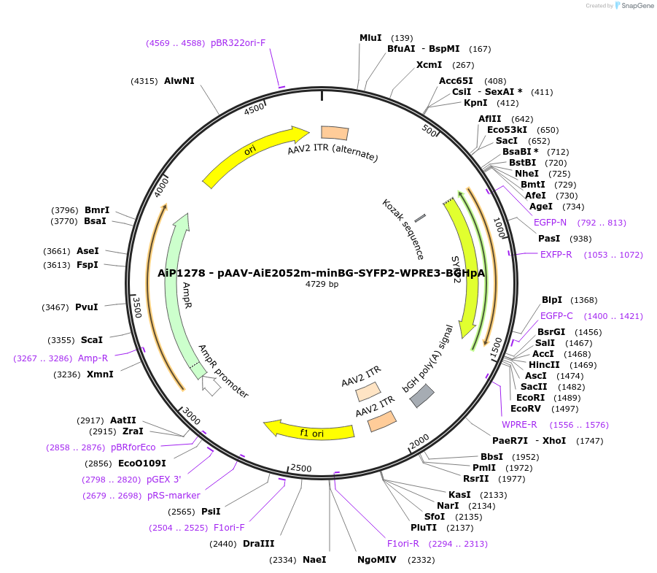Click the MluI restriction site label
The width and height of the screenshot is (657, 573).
[370, 38]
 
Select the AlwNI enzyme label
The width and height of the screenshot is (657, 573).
[179, 81]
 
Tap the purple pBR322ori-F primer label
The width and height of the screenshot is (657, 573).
[238, 43]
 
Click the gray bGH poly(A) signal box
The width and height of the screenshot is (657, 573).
[421, 396]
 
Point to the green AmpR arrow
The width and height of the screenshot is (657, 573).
[177, 292]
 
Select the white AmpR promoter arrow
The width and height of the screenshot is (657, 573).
[211, 385]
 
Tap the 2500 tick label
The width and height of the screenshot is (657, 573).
[301, 468]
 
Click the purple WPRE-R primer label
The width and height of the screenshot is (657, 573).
[519, 425]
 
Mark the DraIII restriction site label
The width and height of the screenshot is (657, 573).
[259, 544]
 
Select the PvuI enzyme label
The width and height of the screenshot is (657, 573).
[87, 307]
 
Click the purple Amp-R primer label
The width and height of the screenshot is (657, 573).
[93, 358]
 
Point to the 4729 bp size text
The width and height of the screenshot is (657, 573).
[322, 285]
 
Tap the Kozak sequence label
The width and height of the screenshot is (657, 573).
[403, 228]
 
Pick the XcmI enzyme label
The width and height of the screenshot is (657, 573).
[429, 65]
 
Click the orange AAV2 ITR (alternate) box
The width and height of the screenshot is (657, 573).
[335, 133]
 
